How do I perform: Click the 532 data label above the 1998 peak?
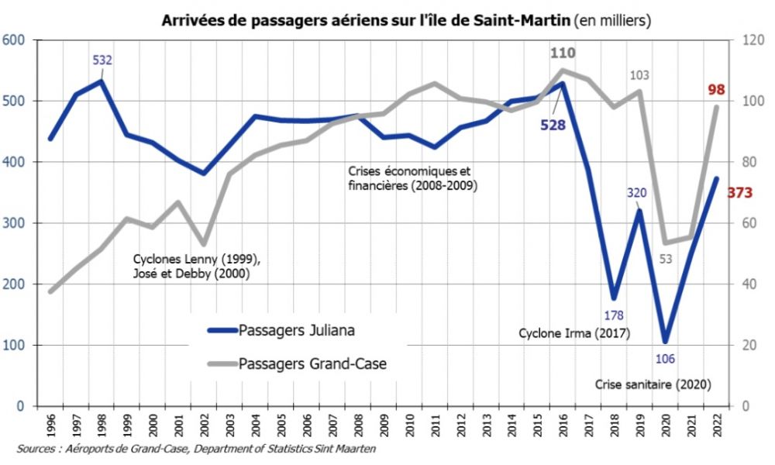(x=102, y=60)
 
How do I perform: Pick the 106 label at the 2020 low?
(x=665, y=358)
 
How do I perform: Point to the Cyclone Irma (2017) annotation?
(x=573, y=334)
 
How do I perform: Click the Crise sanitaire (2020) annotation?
(x=653, y=384)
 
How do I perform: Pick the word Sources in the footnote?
(x=37, y=449)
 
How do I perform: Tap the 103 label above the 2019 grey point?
(x=639, y=75)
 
